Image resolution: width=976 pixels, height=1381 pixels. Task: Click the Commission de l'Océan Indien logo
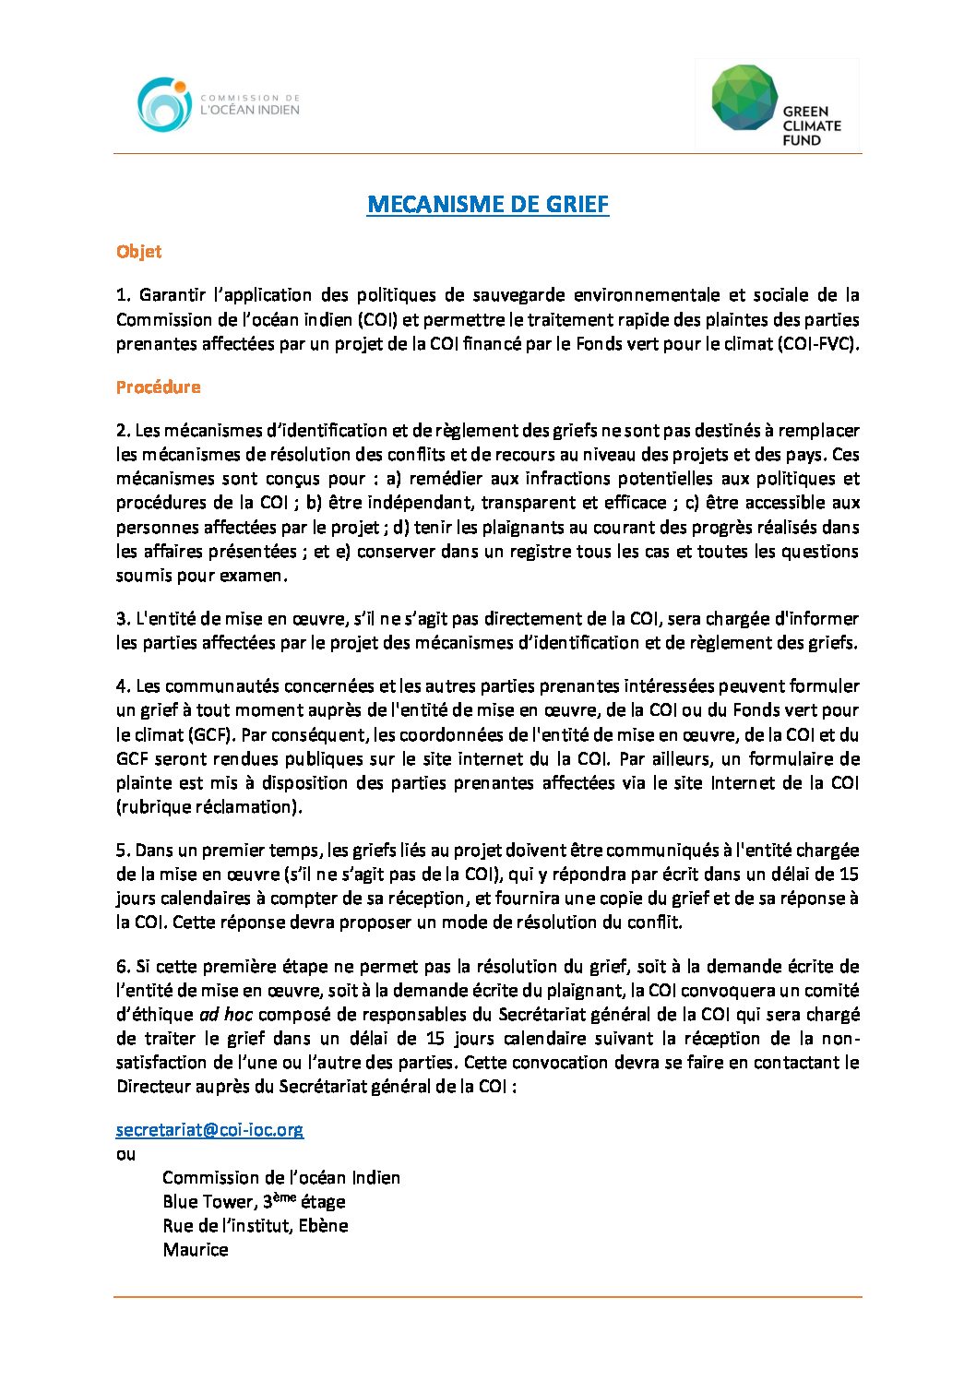tap(218, 103)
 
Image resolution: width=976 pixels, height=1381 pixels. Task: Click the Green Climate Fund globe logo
tap(744, 97)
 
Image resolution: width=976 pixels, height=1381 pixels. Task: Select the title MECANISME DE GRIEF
tap(487, 204)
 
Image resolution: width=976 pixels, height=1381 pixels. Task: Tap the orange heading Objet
tap(138, 251)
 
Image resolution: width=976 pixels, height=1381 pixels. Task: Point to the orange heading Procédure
tap(158, 387)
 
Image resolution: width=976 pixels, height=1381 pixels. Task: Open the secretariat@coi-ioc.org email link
tap(209, 1129)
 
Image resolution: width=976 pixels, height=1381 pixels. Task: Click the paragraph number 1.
tap(123, 295)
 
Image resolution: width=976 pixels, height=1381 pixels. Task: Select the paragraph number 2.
tap(123, 431)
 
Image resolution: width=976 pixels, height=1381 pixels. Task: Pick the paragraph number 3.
tap(123, 619)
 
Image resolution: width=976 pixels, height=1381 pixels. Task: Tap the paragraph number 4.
tap(123, 686)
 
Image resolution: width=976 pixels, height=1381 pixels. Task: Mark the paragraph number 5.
tap(123, 851)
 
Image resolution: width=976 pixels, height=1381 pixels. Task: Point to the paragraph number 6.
tap(123, 967)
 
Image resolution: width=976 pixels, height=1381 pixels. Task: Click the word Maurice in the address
tap(196, 1250)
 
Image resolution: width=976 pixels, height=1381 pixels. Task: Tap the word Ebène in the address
tap(323, 1226)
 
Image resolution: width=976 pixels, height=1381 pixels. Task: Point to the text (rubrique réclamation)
tap(209, 807)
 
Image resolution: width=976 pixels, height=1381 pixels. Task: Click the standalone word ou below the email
tap(125, 1154)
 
